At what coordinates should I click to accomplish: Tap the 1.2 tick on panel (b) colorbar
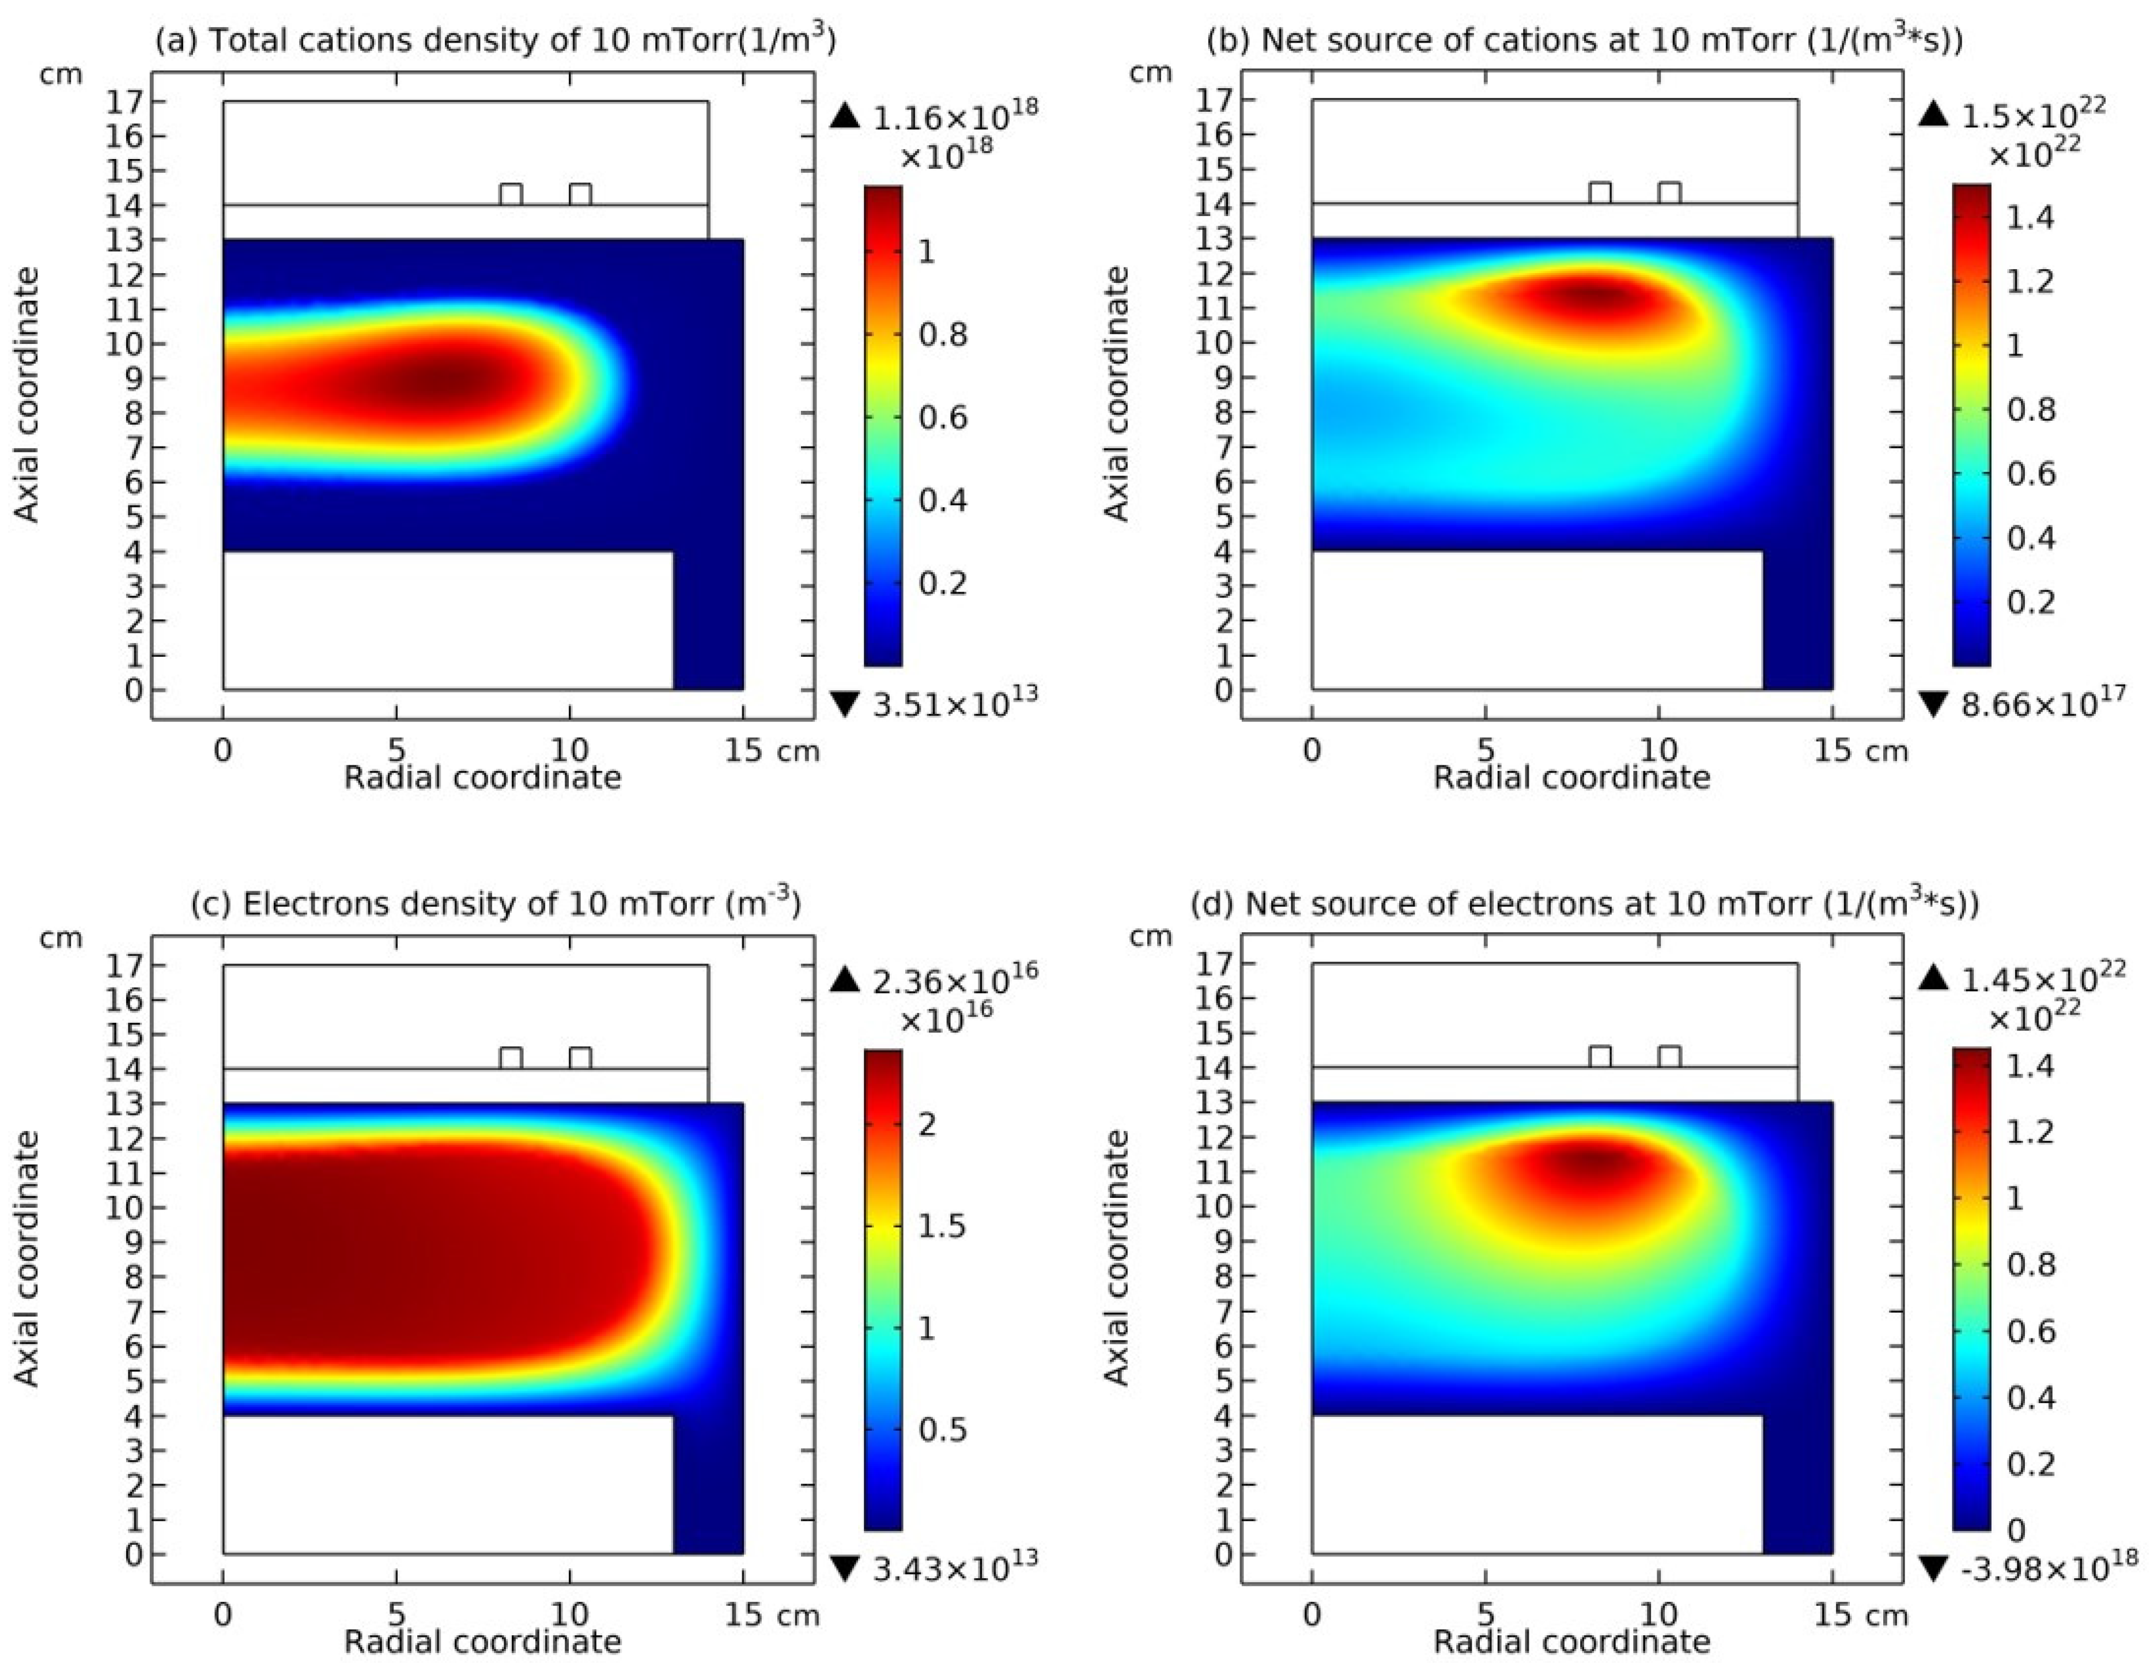tap(2030, 281)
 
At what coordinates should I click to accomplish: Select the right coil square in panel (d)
tap(1669, 1057)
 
